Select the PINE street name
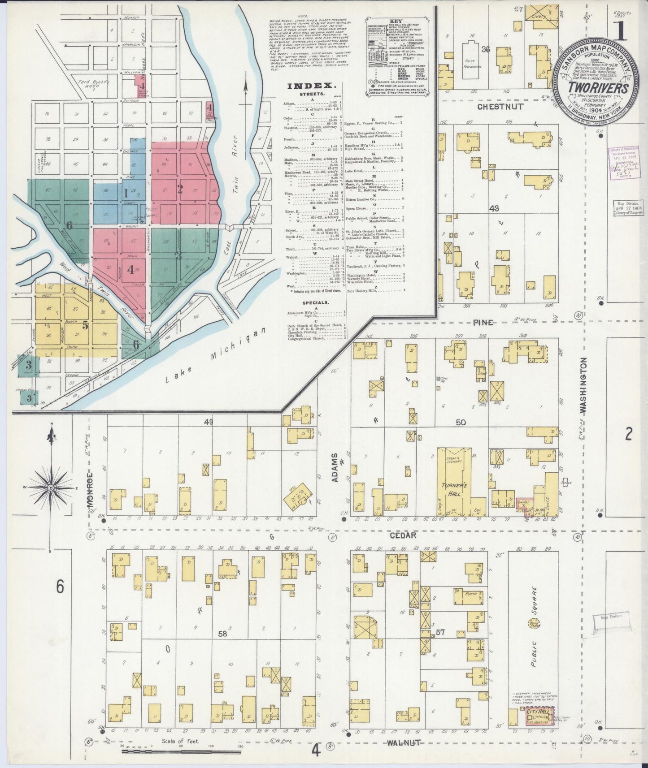coord(483,322)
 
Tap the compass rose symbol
coord(51,487)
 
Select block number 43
coord(495,208)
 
